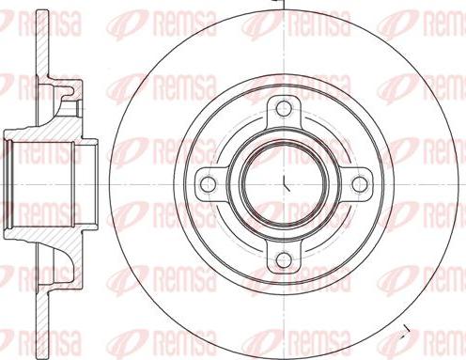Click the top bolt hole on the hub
(283, 104)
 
